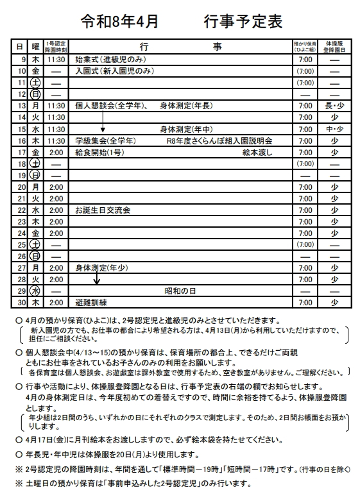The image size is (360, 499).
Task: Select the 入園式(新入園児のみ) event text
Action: click(114, 71)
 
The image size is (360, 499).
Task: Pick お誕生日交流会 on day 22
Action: click(103, 210)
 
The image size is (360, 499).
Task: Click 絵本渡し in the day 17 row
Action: click(257, 152)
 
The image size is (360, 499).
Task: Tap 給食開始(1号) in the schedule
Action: click(99, 152)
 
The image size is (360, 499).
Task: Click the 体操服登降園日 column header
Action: click(334, 46)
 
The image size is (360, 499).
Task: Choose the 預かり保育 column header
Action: click(305, 46)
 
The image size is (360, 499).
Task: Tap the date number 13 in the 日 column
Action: click(21, 105)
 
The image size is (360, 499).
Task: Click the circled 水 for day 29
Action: click(35, 290)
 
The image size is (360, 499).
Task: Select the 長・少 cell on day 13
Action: click(334, 105)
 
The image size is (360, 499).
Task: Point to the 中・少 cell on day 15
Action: click(334, 128)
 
